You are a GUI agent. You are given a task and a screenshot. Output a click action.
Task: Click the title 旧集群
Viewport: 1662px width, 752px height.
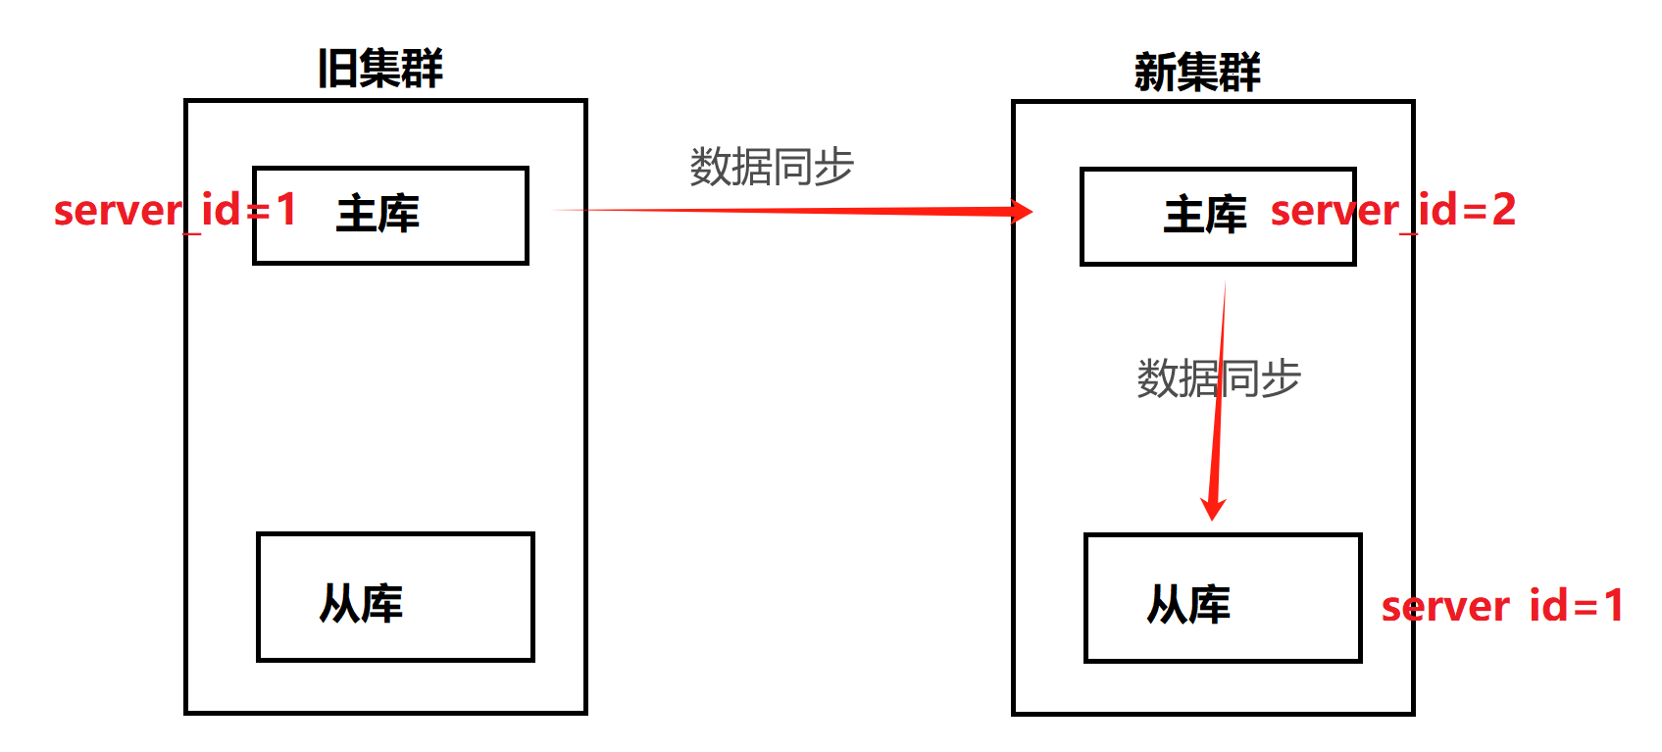[380, 69]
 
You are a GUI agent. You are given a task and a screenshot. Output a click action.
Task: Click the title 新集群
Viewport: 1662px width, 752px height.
[1197, 72]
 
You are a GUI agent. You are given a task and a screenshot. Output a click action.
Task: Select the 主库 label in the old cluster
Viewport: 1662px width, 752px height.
[378, 214]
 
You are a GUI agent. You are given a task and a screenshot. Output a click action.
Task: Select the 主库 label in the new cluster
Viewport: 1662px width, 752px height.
[1205, 215]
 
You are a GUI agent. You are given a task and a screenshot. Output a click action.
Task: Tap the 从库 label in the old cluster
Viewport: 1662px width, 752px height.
[361, 604]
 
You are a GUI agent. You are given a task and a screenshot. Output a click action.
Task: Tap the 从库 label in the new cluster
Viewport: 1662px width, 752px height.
[1188, 605]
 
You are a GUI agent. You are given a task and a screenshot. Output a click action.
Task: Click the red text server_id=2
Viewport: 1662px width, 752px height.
[1392, 210]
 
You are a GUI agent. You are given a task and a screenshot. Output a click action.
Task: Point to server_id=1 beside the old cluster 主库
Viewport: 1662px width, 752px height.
[175, 210]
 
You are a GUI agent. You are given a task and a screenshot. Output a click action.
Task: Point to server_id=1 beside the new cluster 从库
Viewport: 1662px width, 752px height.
[1502, 606]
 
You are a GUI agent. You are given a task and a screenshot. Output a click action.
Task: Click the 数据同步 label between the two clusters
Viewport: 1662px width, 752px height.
[772, 167]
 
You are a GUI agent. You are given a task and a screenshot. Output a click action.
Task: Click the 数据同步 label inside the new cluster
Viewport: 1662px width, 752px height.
[1219, 378]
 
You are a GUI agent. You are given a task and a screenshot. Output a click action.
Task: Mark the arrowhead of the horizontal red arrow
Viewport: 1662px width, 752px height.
[1022, 212]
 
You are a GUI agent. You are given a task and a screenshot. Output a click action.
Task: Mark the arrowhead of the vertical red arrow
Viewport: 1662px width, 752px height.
[1214, 508]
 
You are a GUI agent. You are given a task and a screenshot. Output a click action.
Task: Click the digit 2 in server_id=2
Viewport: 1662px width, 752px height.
[1503, 210]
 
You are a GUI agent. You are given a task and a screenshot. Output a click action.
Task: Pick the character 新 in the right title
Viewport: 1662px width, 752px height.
[1154, 72]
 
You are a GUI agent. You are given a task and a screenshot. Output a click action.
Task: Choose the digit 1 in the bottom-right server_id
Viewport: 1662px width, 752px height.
[1613, 606]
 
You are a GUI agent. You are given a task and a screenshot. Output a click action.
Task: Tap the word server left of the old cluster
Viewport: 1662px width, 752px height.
[118, 211]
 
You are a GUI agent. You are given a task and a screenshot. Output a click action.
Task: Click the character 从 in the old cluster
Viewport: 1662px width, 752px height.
[339, 604]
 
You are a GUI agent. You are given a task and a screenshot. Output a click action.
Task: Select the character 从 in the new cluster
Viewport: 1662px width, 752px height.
[1167, 605]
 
